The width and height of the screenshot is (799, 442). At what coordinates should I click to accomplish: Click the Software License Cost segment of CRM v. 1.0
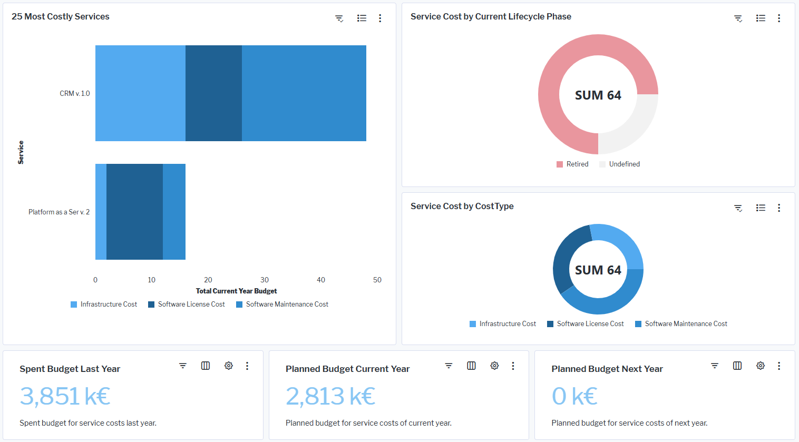point(213,93)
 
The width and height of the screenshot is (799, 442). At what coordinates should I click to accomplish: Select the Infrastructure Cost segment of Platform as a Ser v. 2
point(101,212)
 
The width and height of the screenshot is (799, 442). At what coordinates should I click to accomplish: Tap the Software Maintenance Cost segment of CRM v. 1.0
point(304,93)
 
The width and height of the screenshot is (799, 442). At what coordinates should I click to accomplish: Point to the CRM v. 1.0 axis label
point(75,94)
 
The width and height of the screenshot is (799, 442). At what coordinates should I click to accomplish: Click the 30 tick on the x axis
point(265,280)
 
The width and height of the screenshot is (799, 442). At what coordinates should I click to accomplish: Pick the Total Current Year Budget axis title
point(236,291)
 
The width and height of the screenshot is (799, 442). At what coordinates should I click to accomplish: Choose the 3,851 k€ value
point(65,396)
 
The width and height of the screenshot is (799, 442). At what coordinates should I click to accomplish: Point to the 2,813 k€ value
point(330,396)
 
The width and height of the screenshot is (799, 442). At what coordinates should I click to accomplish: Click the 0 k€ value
point(574,396)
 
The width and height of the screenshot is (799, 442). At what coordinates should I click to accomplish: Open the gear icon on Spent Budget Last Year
point(229,366)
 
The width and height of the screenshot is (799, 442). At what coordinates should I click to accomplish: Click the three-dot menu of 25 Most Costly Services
point(380,18)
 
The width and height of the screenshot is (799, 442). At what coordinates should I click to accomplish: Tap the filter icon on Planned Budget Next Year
point(715,366)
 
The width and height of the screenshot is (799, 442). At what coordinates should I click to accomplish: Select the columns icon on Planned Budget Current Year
point(471,366)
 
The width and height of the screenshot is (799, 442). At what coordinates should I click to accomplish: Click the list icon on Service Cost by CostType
point(761,208)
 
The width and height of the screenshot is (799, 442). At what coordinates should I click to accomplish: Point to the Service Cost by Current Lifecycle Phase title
point(491,17)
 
